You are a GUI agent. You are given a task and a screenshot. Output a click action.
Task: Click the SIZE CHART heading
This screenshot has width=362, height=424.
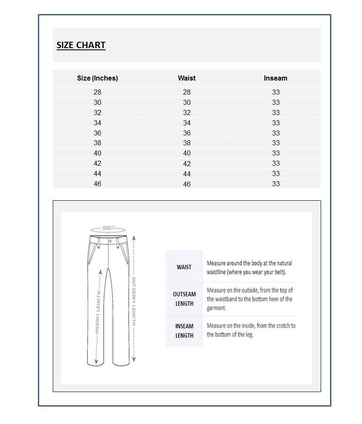(x=81, y=45)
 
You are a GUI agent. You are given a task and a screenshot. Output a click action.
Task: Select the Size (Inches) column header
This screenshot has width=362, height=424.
(x=97, y=78)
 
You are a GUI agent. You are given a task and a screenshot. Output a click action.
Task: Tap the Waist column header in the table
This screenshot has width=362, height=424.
(x=187, y=78)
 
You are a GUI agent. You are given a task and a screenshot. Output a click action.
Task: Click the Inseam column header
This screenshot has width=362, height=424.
(x=276, y=78)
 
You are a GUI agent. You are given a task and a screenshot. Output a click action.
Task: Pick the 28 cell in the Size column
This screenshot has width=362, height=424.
(x=98, y=92)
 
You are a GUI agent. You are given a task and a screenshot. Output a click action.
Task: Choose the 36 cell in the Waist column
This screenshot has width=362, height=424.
(x=187, y=133)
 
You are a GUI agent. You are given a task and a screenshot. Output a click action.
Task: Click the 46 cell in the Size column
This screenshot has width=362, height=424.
(x=98, y=184)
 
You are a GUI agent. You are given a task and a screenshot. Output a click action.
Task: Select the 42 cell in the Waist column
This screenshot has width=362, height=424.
(x=187, y=164)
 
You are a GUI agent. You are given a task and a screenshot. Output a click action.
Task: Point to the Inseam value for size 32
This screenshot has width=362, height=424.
(x=276, y=112)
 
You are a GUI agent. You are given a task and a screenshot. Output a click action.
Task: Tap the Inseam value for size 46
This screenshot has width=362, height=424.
(x=276, y=184)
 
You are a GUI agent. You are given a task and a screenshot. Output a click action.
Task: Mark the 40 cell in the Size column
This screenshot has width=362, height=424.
(x=98, y=153)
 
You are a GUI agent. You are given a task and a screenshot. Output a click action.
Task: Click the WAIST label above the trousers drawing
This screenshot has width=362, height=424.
(x=109, y=228)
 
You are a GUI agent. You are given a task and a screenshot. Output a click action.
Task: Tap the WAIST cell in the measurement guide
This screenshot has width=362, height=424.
(x=184, y=267)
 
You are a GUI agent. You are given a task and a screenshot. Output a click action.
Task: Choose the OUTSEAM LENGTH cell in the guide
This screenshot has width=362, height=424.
(x=184, y=299)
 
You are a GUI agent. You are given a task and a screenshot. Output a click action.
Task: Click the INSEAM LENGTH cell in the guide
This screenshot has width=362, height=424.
(x=184, y=331)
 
